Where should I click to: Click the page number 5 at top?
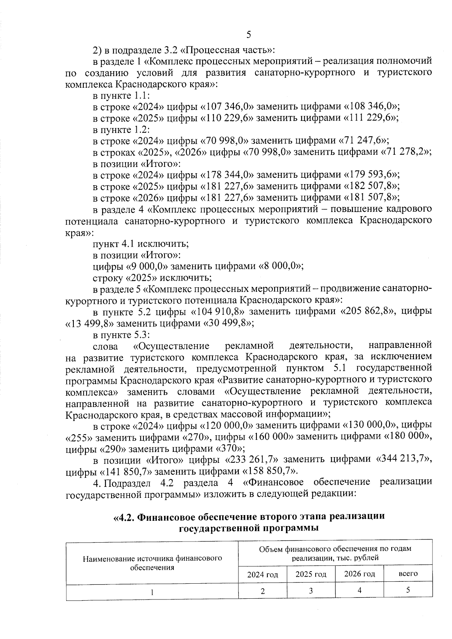click(x=248, y=35)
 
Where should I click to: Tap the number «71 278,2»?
click(x=405, y=152)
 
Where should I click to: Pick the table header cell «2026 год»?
click(x=359, y=574)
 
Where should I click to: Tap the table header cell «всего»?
click(x=408, y=574)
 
